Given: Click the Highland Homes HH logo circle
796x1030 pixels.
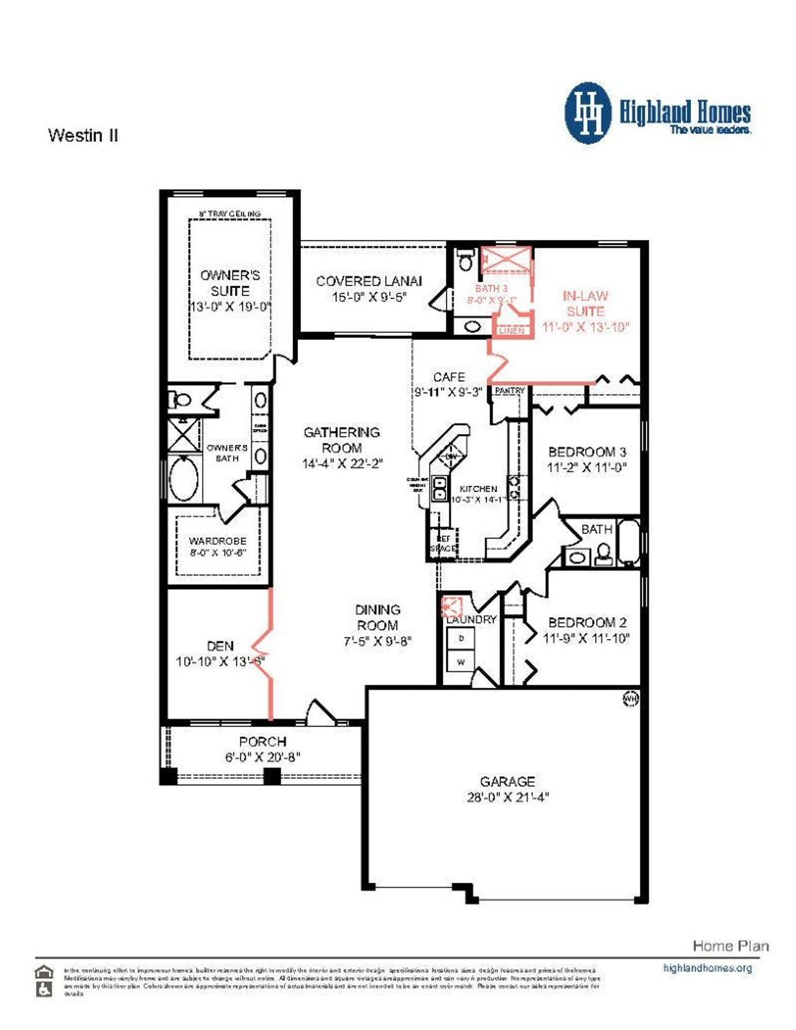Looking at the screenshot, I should pos(588,113).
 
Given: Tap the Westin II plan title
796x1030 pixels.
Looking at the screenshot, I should pos(83,136).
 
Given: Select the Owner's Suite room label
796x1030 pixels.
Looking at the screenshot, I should pos(230,283).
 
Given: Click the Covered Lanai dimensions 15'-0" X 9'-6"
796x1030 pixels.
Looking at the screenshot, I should pos(369,297).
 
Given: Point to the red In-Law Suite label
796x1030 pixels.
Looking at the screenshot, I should pos(585,304).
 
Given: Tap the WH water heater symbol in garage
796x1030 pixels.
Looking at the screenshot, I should pos(630,699).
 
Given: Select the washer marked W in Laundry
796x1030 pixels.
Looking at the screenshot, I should pos(461,662).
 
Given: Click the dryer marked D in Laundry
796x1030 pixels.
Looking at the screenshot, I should pos(461,638).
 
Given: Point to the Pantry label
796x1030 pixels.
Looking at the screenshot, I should pos(510,391).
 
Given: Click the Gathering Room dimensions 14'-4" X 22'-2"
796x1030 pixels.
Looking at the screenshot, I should pos(342,463).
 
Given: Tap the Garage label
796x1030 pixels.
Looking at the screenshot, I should pos(507,781).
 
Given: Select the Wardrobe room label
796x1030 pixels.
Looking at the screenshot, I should pos(218,541).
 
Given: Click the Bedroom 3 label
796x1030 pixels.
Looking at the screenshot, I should pos(586,452).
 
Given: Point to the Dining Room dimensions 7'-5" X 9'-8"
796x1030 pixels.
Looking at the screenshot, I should pos(377,641).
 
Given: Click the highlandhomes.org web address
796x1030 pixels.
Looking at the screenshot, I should pos(707,968).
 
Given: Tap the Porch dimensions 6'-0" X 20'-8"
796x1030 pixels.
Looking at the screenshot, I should pos(262,757).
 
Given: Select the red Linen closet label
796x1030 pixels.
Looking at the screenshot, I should pos(512,330).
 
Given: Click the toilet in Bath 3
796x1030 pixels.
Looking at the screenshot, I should pos(465,259).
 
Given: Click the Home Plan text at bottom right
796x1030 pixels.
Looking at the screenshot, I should pos(730,946).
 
